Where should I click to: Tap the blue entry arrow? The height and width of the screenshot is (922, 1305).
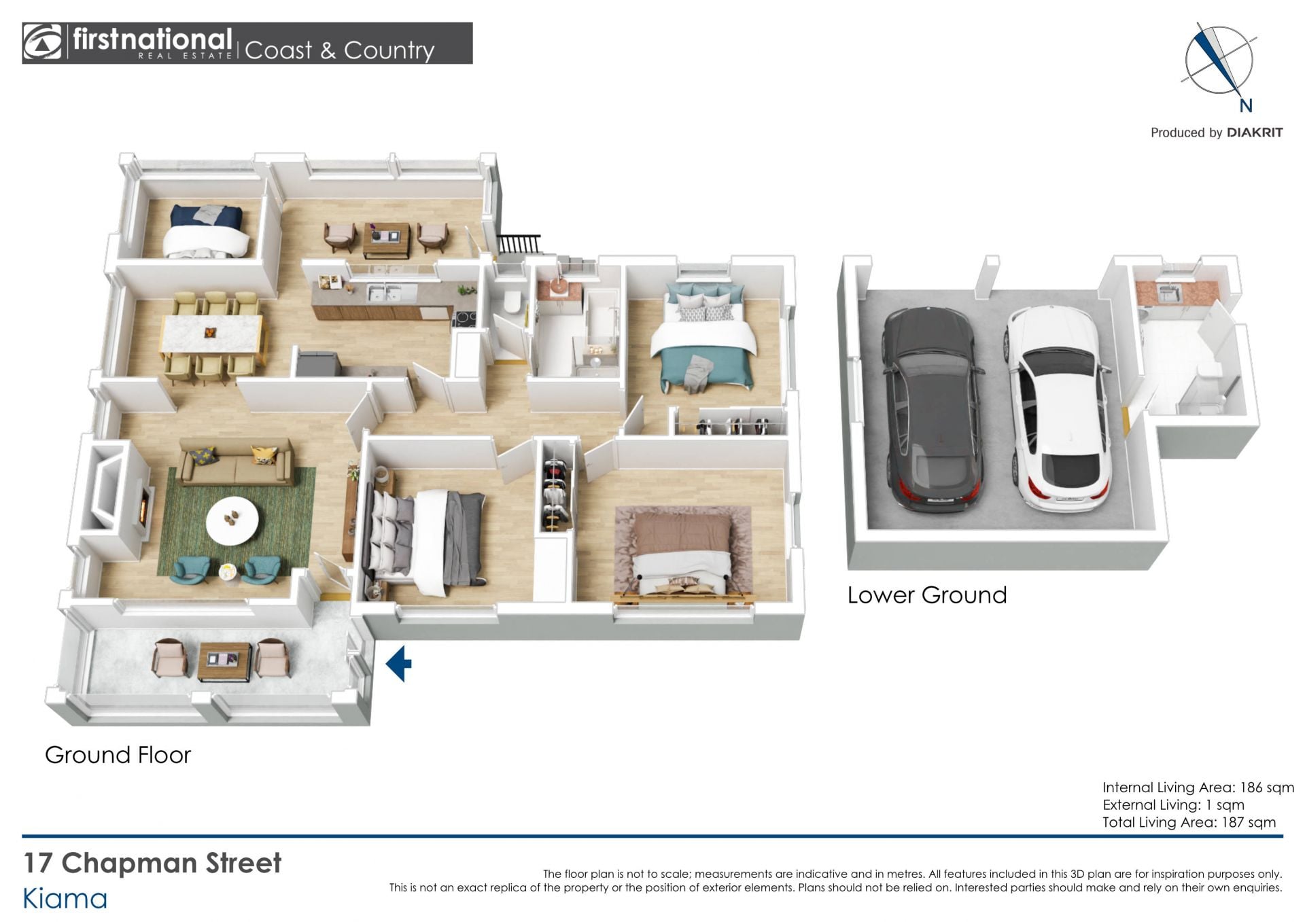click(x=399, y=663)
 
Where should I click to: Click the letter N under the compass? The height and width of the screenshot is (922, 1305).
click(x=1246, y=105)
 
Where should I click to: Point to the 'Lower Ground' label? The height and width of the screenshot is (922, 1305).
click(x=927, y=595)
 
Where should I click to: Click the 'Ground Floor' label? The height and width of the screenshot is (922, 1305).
click(x=118, y=755)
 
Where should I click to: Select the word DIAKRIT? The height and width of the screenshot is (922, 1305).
click(x=1255, y=132)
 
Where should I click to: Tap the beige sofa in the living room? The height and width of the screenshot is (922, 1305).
click(x=236, y=462)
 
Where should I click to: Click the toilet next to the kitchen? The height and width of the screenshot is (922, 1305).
click(x=513, y=302)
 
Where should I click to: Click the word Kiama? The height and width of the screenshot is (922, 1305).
click(x=65, y=899)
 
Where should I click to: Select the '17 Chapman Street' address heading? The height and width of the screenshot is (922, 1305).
click(x=152, y=863)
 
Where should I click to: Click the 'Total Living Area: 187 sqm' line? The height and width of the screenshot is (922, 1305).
click(x=1189, y=822)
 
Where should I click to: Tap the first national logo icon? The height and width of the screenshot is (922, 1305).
click(x=42, y=43)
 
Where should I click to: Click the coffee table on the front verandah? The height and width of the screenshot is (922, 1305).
click(x=225, y=660)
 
